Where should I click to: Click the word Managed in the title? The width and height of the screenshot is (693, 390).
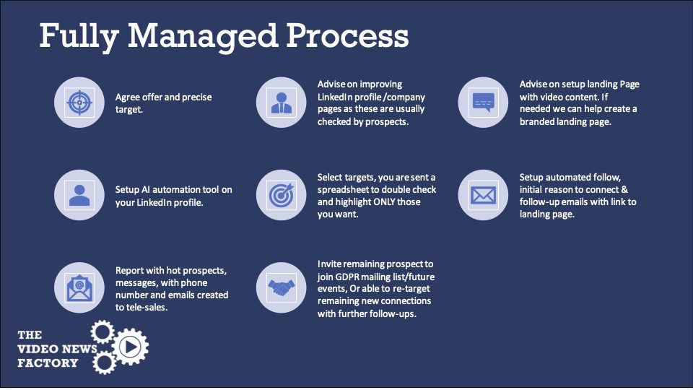tap(203, 37)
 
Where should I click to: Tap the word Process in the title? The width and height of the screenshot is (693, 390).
tap(347, 35)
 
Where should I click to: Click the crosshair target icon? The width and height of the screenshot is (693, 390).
tap(79, 103)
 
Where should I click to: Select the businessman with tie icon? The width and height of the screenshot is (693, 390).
tap(281, 103)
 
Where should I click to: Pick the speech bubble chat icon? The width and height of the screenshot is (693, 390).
tap(484, 102)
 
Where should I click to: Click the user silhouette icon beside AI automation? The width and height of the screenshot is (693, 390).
tap(79, 195)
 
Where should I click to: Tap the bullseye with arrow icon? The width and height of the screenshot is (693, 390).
tap(281, 195)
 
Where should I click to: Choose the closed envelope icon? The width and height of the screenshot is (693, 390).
tap(484, 195)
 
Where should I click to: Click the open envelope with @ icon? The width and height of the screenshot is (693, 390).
tap(79, 288)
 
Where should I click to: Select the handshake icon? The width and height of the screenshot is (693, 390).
tap(281, 288)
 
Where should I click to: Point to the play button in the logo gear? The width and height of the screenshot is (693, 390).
tap(131, 347)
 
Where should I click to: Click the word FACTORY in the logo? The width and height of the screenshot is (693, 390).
tap(48, 363)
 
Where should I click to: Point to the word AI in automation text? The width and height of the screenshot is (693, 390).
tap(146, 190)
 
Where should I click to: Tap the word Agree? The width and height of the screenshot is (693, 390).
tap(127, 97)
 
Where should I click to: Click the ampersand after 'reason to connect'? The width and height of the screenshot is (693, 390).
tap(624, 190)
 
